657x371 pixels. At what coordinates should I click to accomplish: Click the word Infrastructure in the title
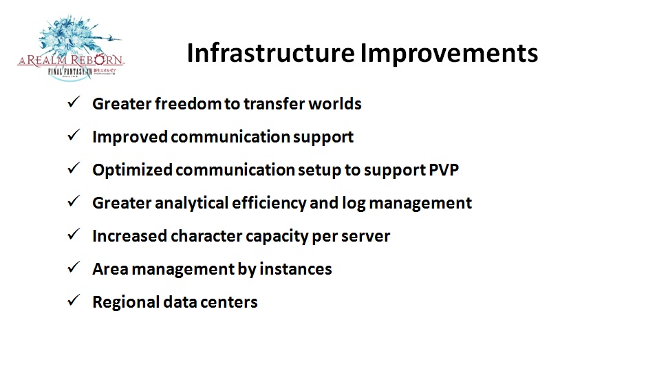click(270, 53)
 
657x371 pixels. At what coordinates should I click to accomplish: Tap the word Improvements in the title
click(449, 53)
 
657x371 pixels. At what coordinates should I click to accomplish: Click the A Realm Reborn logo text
click(71, 60)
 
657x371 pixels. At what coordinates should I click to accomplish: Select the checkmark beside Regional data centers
click(74, 300)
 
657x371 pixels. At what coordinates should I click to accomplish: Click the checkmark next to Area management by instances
click(74, 267)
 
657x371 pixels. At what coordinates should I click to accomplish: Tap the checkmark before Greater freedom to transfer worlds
click(74, 102)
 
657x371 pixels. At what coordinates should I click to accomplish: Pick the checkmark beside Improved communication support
click(74, 135)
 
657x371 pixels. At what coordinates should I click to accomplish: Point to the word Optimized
click(132, 170)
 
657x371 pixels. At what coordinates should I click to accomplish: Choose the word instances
click(295, 269)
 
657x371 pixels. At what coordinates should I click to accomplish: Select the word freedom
click(188, 103)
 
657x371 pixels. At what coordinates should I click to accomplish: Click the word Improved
click(130, 137)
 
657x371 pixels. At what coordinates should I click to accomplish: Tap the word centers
click(233, 303)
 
